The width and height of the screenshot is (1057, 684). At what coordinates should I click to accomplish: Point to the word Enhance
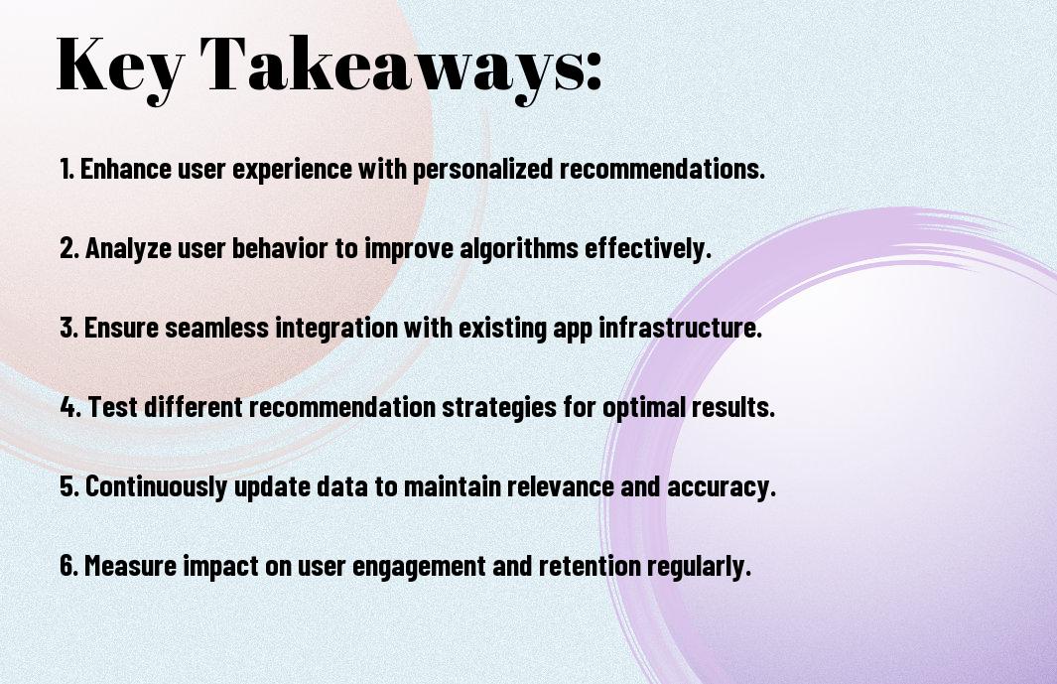126,169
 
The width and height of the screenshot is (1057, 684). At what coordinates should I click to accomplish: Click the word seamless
216,328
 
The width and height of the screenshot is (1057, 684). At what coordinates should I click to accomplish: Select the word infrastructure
680,328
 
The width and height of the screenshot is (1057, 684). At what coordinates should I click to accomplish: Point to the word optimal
643,408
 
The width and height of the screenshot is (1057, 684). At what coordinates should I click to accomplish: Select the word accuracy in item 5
722,487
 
